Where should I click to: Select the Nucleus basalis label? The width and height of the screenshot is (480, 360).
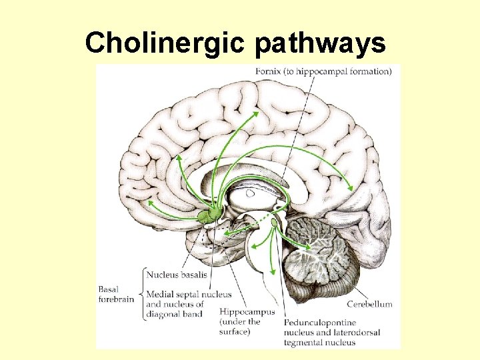177,274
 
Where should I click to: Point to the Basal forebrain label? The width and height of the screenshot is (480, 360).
116,294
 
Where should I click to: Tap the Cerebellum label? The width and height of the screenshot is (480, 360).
370,304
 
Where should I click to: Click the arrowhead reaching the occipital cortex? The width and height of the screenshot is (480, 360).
351,189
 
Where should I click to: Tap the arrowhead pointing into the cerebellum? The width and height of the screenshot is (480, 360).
308,248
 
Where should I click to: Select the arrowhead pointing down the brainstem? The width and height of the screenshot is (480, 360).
273,269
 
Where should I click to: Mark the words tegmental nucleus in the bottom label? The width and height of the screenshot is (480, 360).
320,343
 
